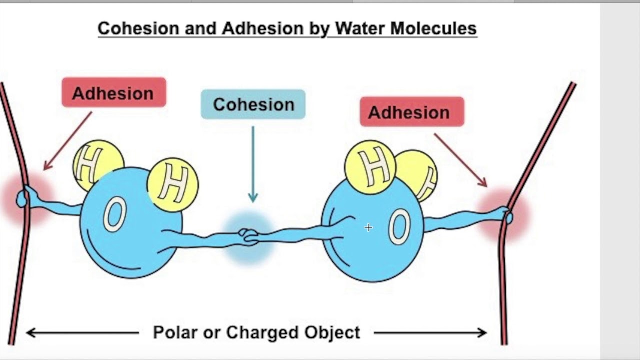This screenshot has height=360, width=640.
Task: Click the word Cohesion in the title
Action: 139,28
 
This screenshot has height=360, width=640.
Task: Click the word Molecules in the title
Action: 433,28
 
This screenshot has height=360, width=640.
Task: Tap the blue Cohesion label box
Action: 253,104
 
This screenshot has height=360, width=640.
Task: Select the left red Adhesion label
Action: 114,92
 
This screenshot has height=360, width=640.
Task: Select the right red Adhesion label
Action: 412,112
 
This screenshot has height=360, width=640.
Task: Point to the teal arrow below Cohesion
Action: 253,164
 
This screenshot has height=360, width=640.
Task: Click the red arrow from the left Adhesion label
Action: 67,141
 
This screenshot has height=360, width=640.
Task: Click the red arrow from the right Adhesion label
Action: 460,160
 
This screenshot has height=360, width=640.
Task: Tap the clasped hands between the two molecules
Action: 248,237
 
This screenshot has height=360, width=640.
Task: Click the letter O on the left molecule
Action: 115,214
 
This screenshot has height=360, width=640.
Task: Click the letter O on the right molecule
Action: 399,227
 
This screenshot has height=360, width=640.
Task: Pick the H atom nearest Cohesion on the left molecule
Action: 173,185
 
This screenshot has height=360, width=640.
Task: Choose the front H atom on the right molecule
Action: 370,167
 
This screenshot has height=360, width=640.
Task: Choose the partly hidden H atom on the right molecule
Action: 420,174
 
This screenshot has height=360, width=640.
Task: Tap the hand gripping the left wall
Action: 25,197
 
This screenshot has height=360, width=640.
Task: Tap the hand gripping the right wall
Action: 505,215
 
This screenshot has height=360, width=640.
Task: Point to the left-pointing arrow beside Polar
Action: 82,333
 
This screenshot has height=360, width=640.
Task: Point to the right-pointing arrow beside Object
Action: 430,333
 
